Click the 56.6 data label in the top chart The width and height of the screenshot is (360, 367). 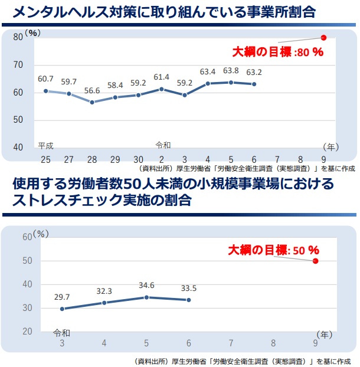click(x=91, y=90)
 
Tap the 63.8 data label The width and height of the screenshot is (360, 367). click(x=230, y=71)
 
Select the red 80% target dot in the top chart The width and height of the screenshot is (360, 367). click(x=323, y=37)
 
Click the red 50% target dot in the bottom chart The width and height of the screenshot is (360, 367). click(x=316, y=261)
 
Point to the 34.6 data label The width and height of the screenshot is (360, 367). click(x=146, y=286)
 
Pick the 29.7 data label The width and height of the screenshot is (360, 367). click(x=61, y=297)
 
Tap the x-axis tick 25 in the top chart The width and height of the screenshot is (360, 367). click(x=45, y=159)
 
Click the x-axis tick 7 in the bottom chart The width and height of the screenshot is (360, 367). click(x=231, y=343)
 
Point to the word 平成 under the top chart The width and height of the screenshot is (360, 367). click(x=46, y=145)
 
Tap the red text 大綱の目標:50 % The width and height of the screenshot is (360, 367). click(x=274, y=250)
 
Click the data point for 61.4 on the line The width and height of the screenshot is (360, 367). click(x=161, y=89)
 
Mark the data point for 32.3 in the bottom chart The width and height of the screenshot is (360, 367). click(x=104, y=303)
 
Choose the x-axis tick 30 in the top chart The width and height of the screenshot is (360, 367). click(x=138, y=159)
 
